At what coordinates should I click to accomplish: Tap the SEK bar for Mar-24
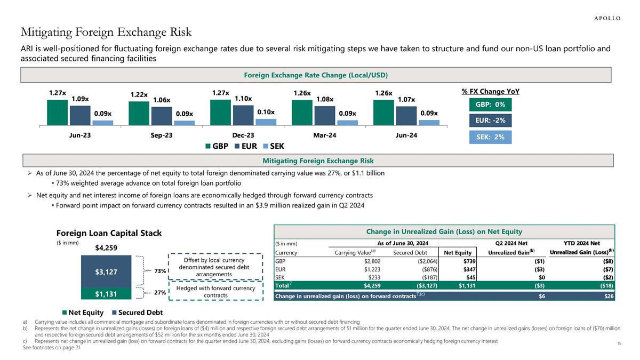pyautogui.click(x=347, y=122)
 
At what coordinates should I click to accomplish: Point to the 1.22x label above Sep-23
pyautogui.click(x=139, y=94)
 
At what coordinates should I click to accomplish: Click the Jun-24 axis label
pyautogui.click(x=406, y=135)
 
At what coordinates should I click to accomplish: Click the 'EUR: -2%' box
pyautogui.click(x=490, y=120)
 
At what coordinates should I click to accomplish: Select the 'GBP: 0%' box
pyautogui.click(x=490, y=104)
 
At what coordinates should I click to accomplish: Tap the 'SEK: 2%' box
pyautogui.click(x=490, y=137)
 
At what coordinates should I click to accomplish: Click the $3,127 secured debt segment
pyautogui.click(x=107, y=271)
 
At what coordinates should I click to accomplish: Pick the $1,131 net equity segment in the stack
pyautogui.click(x=107, y=293)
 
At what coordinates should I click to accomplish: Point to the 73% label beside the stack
pyautogui.click(x=159, y=271)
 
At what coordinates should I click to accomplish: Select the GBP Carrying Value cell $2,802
pyautogui.click(x=369, y=261)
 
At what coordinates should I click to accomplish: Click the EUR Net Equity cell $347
pyautogui.click(x=466, y=269)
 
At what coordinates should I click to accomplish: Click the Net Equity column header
pyautogui.click(x=458, y=252)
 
